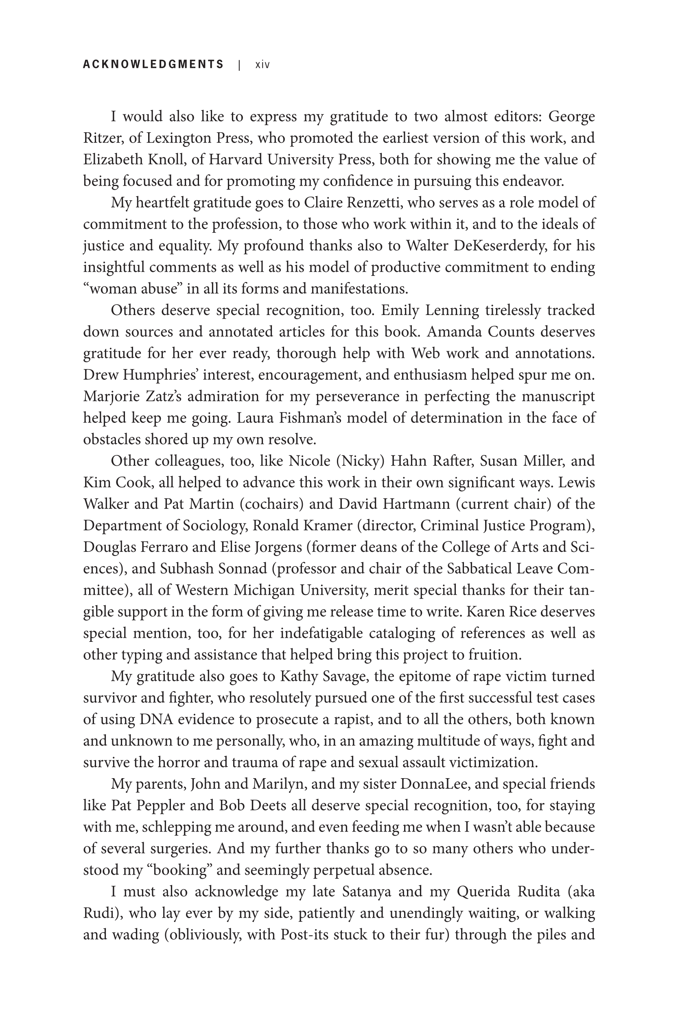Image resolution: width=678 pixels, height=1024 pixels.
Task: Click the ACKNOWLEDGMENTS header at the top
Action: click(x=153, y=64)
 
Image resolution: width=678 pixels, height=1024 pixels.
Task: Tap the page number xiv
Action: click(x=262, y=65)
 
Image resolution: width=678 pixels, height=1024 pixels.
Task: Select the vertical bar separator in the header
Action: click(x=238, y=65)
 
